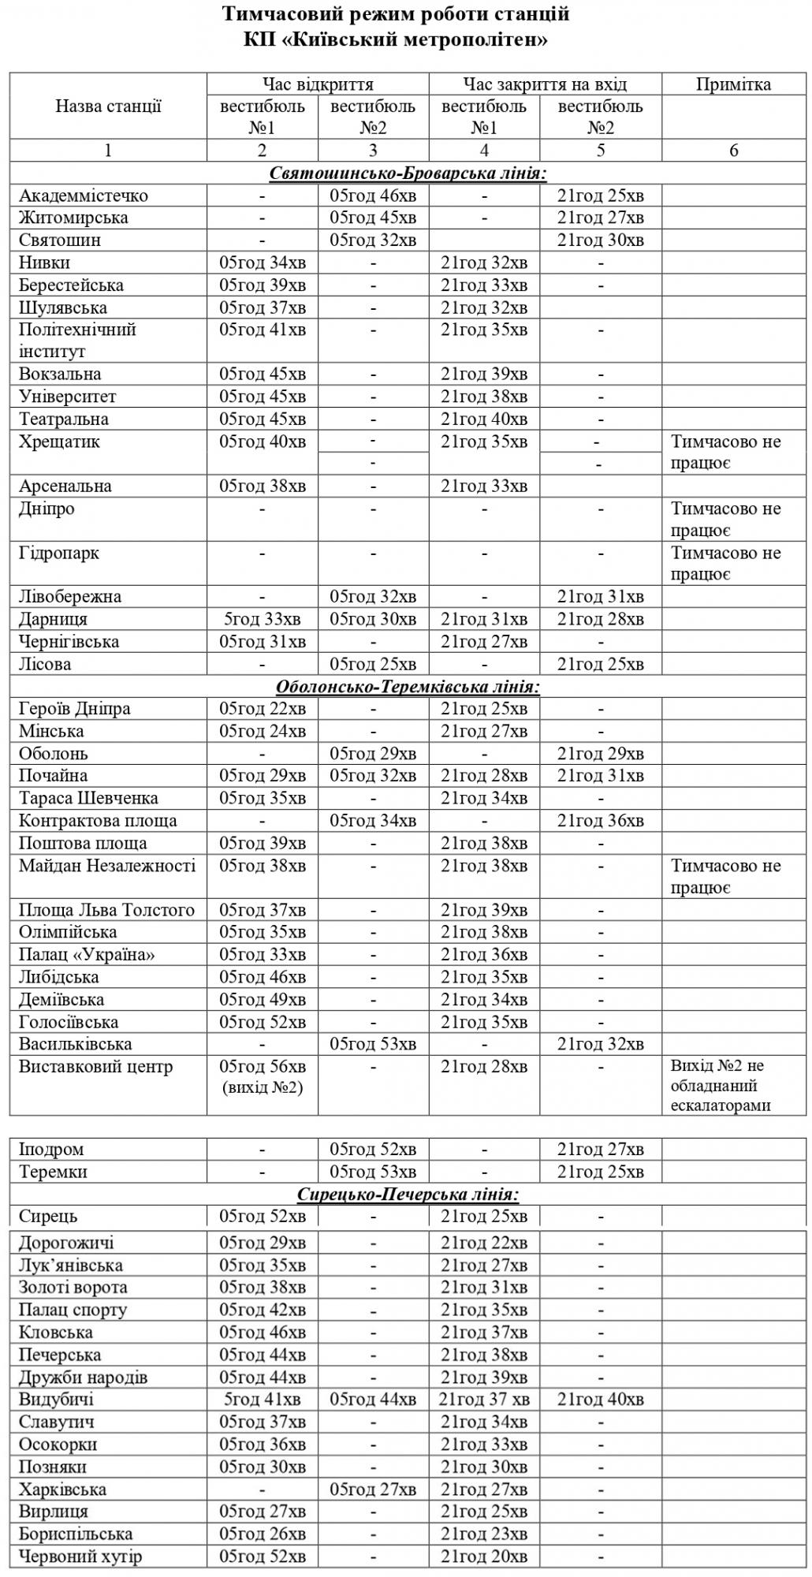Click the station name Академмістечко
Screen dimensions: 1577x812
click(x=83, y=196)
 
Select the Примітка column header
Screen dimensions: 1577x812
click(x=733, y=84)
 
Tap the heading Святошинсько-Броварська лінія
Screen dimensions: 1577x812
click(x=408, y=173)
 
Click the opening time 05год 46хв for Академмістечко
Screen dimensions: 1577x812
click(x=373, y=196)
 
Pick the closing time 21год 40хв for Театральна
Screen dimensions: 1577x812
click(x=484, y=419)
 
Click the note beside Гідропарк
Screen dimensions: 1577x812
click(x=725, y=563)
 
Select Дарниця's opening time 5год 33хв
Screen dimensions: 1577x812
click(x=262, y=619)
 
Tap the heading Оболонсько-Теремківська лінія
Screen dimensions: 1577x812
click(x=408, y=687)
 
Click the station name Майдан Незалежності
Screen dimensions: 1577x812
click(x=107, y=866)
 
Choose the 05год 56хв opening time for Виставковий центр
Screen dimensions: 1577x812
click(x=263, y=1066)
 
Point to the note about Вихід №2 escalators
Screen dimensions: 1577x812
click(x=721, y=1085)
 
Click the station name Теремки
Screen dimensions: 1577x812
click(x=52, y=1172)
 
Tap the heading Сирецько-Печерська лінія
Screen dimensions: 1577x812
click(x=408, y=1195)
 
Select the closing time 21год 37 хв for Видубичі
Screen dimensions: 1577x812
click(x=484, y=1400)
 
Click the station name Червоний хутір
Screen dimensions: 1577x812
click(x=80, y=1556)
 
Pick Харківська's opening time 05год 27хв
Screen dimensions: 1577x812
click(x=373, y=1489)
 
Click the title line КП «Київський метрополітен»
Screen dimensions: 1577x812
click(x=396, y=40)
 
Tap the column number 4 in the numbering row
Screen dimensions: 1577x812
click(x=484, y=151)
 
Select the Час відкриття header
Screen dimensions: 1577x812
click(x=318, y=84)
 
